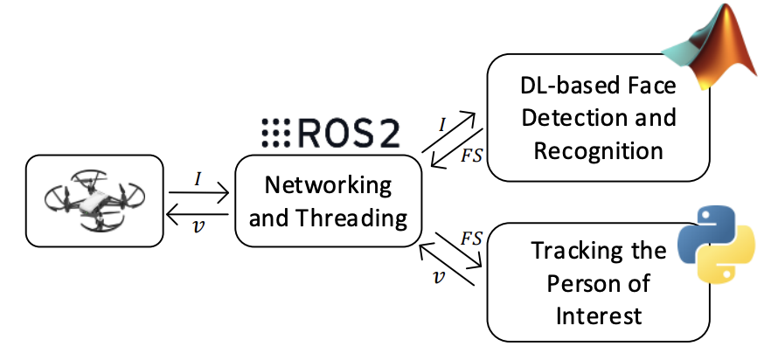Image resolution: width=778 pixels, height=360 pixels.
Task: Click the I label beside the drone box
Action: tap(198, 179)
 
